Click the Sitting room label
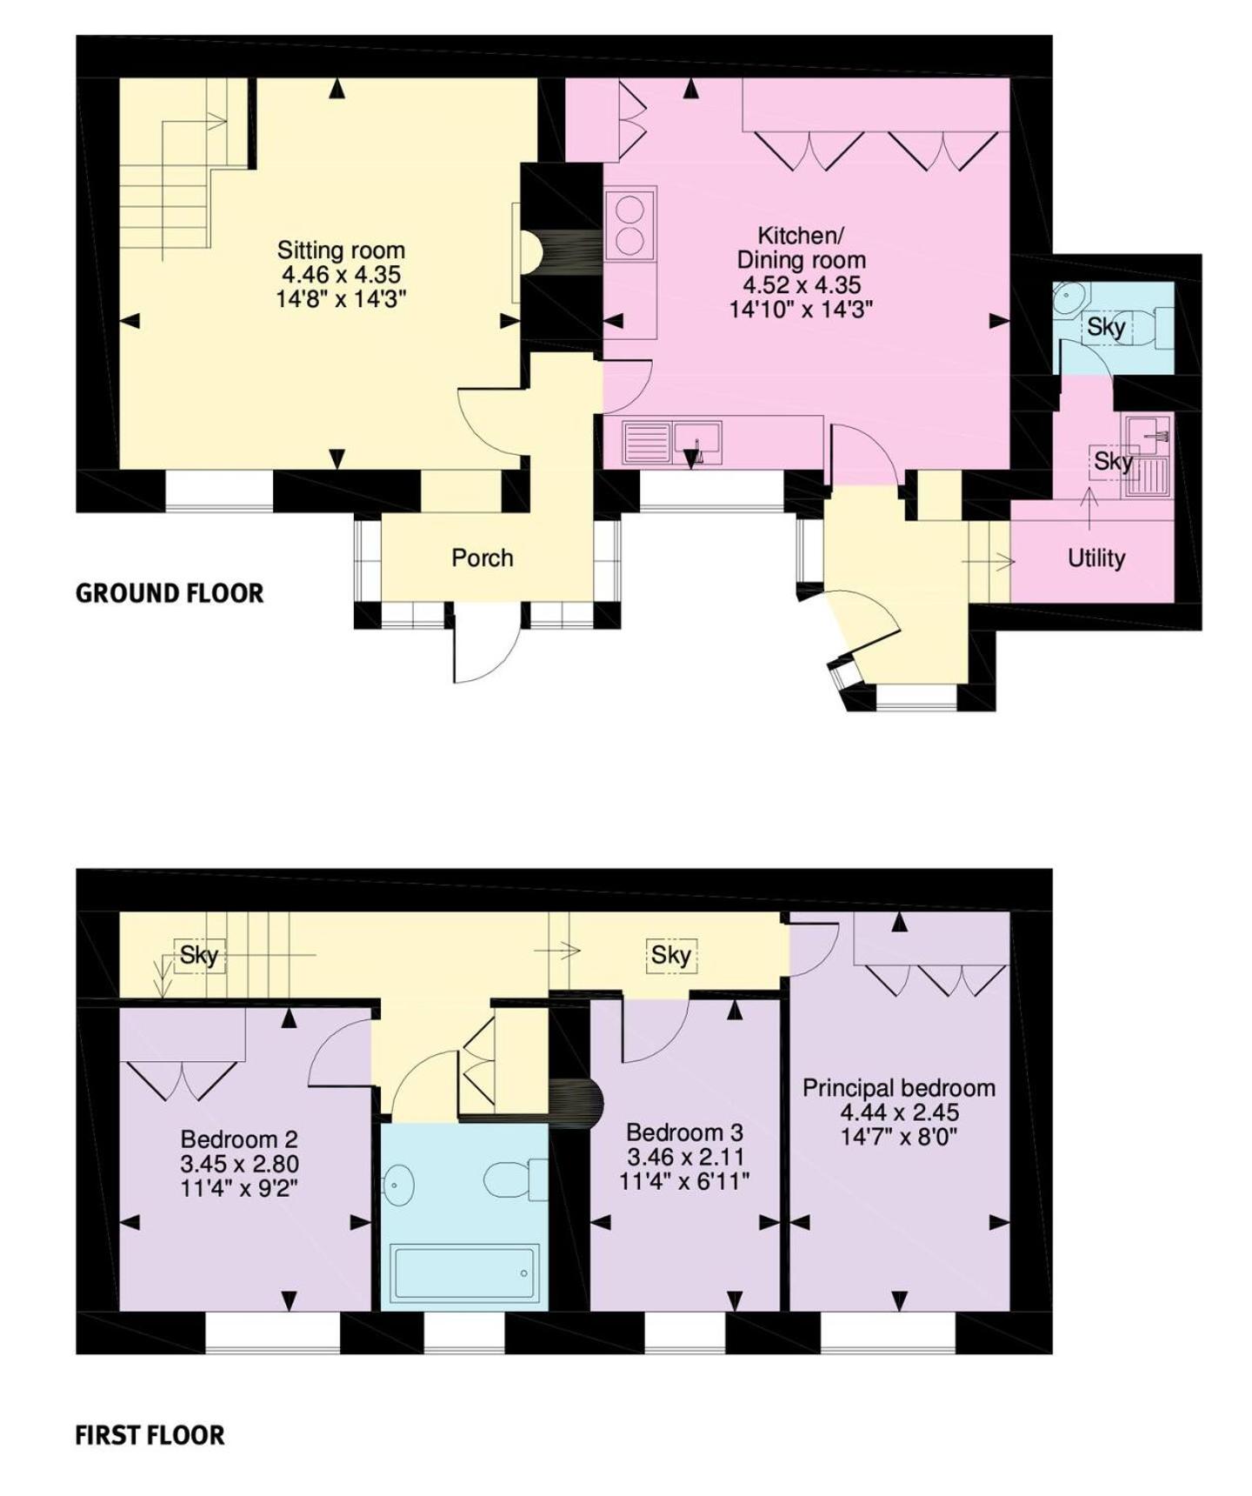pos(341,250)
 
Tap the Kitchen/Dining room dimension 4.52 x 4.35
pos(801,284)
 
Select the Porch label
pos(482,558)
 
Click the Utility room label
pos(1095,558)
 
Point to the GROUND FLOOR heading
pos(170,593)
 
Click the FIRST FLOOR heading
pos(150,1435)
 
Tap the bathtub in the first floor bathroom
pos(464,1273)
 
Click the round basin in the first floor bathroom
pos(398,1185)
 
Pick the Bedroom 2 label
pos(239,1139)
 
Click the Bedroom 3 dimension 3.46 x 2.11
pos(685,1157)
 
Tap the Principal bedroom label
pos(898,1088)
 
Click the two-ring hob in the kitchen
pos(629,224)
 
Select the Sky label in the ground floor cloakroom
pos(1106,328)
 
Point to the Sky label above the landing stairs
pos(198,955)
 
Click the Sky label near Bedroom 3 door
pos(670,955)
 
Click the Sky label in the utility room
pos(1113,461)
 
